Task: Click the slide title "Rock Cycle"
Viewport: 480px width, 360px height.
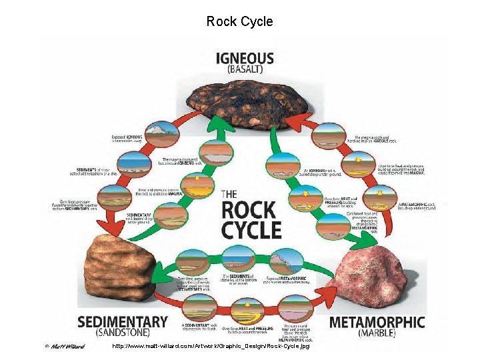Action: [239, 21]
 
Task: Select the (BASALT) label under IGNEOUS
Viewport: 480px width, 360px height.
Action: [245, 69]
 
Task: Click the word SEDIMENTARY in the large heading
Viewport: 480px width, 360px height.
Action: [123, 321]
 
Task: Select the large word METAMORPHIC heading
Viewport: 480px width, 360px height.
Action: [377, 322]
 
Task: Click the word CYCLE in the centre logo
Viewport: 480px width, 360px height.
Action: [251, 231]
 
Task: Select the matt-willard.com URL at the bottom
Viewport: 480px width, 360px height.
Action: [211, 346]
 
